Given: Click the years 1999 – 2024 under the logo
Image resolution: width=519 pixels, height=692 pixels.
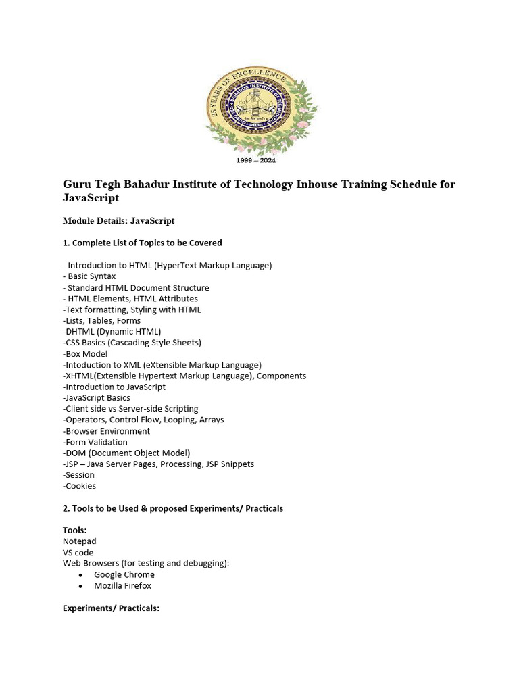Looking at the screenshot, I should [255, 161].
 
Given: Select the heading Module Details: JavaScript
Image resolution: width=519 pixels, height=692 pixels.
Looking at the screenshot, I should [119, 220].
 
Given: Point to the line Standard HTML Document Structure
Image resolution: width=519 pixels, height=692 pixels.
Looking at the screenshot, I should [139, 287].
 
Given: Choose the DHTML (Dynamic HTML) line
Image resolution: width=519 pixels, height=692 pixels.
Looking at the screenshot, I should [112, 331].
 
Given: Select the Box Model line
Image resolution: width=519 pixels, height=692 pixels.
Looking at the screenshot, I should [85, 353].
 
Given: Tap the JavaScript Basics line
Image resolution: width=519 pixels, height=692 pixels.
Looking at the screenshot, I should [97, 397].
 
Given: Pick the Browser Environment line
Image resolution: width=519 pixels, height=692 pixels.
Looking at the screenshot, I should [107, 430].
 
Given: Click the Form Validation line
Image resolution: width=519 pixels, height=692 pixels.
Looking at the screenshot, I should [95, 442].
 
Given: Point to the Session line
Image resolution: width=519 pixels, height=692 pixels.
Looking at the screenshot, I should [79, 475].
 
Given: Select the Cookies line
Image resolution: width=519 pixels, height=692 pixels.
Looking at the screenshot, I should [80, 486].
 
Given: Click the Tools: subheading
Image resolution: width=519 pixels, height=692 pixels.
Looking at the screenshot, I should [75, 530].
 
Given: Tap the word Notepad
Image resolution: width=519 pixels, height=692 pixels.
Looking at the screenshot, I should [80, 541].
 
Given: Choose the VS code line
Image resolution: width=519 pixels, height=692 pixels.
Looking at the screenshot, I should [78, 552].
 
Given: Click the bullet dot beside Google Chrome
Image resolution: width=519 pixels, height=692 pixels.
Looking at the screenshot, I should [81, 575].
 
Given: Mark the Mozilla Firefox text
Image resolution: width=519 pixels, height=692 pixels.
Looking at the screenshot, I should [122, 585].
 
